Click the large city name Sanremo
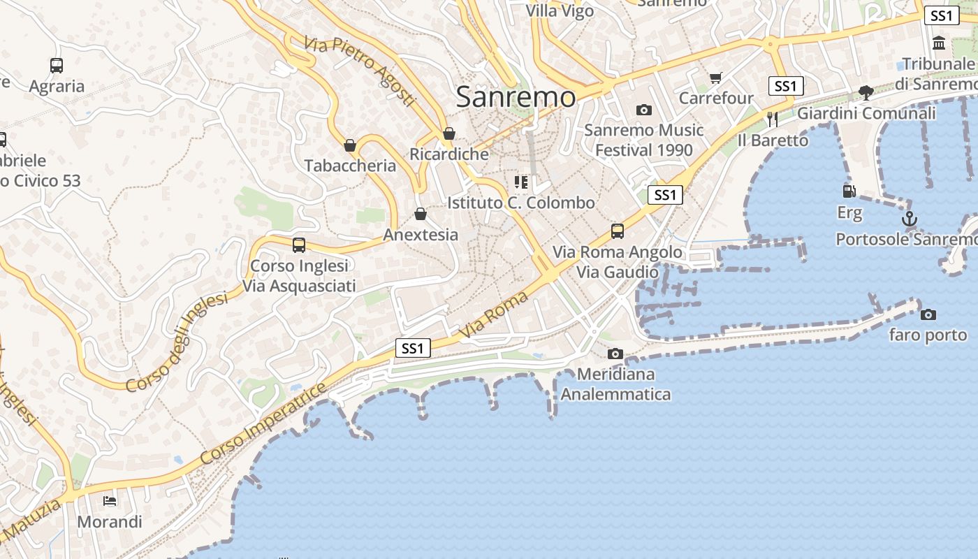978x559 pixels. pyautogui.click(x=516, y=97)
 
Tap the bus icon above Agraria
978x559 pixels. pyautogui.click(x=57, y=66)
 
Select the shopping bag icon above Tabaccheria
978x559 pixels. pyautogui.click(x=350, y=145)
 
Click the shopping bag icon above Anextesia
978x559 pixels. pyautogui.click(x=421, y=214)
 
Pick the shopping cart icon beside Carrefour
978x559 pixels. pyautogui.click(x=715, y=78)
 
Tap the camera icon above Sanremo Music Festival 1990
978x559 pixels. pyautogui.click(x=643, y=110)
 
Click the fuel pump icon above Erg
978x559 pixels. pyautogui.click(x=849, y=191)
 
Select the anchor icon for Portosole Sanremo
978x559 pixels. pyautogui.click(x=909, y=219)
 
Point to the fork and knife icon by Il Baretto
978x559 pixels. pyautogui.click(x=772, y=119)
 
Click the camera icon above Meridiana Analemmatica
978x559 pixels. pyautogui.click(x=615, y=354)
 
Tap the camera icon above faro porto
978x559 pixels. pyautogui.click(x=928, y=315)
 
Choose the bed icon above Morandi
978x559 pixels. pyautogui.click(x=110, y=501)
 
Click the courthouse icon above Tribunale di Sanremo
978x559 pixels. pyautogui.click(x=939, y=43)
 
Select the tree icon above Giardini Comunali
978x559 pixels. pyautogui.click(x=866, y=92)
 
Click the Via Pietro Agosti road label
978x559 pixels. pyautogui.click(x=360, y=72)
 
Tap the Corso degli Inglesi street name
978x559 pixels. pyautogui.click(x=177, y=342)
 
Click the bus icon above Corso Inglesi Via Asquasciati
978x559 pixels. pyautogui.click(x=299, y=245)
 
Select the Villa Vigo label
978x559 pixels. pyautogui.click(x=560, y=10)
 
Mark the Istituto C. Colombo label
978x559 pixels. pyautogui.click(x=521, y=203)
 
